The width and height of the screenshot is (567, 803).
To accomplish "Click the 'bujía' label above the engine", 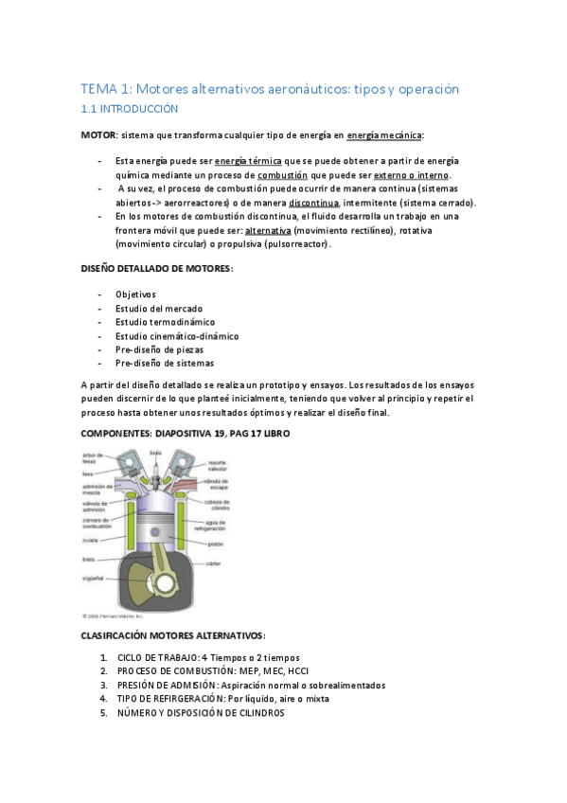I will tap(155, 453).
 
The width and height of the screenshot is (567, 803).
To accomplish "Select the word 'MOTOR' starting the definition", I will tap(98, 135).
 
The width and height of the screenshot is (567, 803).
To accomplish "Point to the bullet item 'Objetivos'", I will tap(135, 294).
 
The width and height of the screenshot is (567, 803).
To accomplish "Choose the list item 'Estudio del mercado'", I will tap(158, 308).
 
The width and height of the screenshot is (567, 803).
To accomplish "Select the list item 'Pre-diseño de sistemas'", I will tap(164, 363).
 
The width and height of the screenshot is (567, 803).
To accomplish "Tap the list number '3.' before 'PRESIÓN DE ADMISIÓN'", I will tap(103, 686).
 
